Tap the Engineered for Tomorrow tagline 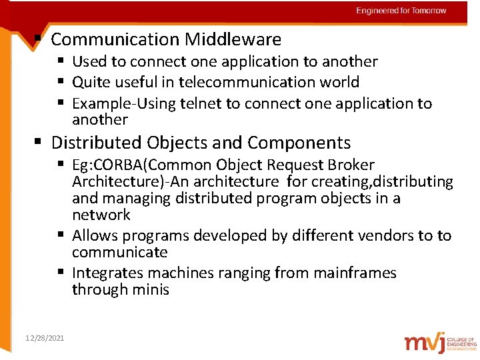pyautogui.click(x=401, y=11)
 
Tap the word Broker pyautogui.click(x=351, y=165)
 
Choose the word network pyautogui.click(x=101, y=215)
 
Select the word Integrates pyautogui.click(x=107, y=273)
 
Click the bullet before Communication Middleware pyautogui.click(x=39, y=38)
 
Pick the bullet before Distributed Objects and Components pyautogui.click(x=39, y=141)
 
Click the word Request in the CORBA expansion pyautogui.click(x=309, y=165)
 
